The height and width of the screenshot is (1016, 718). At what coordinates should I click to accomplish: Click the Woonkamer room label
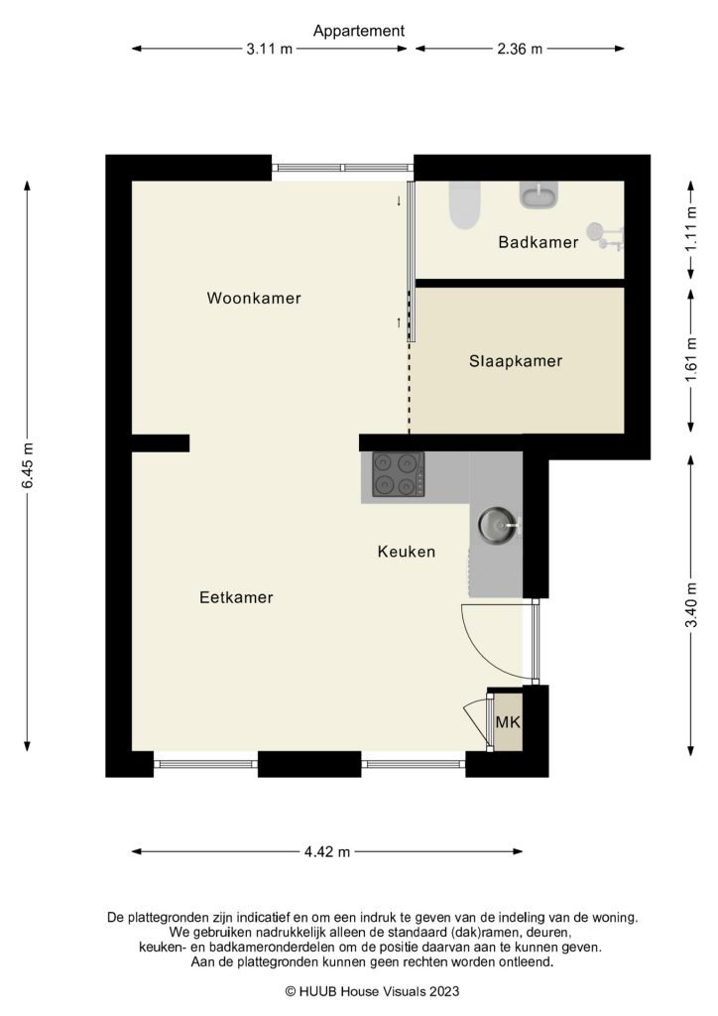[x=254, y=298]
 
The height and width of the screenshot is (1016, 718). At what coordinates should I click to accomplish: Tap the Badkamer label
[x=538, y=241]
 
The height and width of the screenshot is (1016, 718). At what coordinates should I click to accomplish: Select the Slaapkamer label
[x=515, y=361]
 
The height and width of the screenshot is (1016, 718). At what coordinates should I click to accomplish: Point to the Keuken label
[x=406, y=552]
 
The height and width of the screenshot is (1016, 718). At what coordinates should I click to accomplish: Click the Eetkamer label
[x=236, y=597]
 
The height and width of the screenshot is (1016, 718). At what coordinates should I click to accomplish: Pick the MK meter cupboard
[x=508, y=721]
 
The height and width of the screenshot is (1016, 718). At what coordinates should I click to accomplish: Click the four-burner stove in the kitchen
[x=398, y=474]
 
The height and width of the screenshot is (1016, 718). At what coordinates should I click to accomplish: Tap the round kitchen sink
[x=497, y=523]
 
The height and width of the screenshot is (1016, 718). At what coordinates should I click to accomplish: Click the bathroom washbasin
[x=538, y=195]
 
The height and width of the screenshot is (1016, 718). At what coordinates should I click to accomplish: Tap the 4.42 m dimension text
[x=326, y=851]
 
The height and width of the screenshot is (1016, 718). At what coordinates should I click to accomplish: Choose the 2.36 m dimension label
[x=520, y=49]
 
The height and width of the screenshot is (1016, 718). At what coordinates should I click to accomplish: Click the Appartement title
[x=359, y=31]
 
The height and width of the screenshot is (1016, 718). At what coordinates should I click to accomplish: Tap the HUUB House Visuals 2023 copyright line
[x=359, y=990]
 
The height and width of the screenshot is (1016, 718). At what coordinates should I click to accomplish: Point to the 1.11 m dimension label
[x=691, y=230]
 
